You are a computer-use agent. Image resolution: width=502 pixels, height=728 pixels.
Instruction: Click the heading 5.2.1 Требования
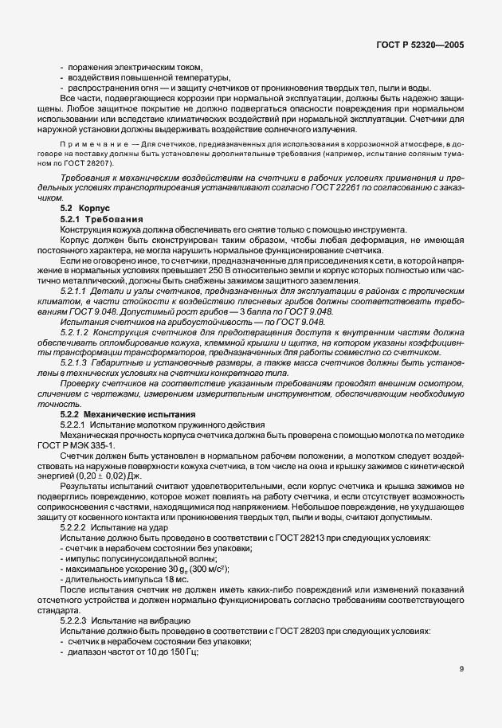[x=101, y=217]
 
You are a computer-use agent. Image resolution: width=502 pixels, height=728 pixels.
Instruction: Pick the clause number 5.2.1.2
[x=76, y=331]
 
